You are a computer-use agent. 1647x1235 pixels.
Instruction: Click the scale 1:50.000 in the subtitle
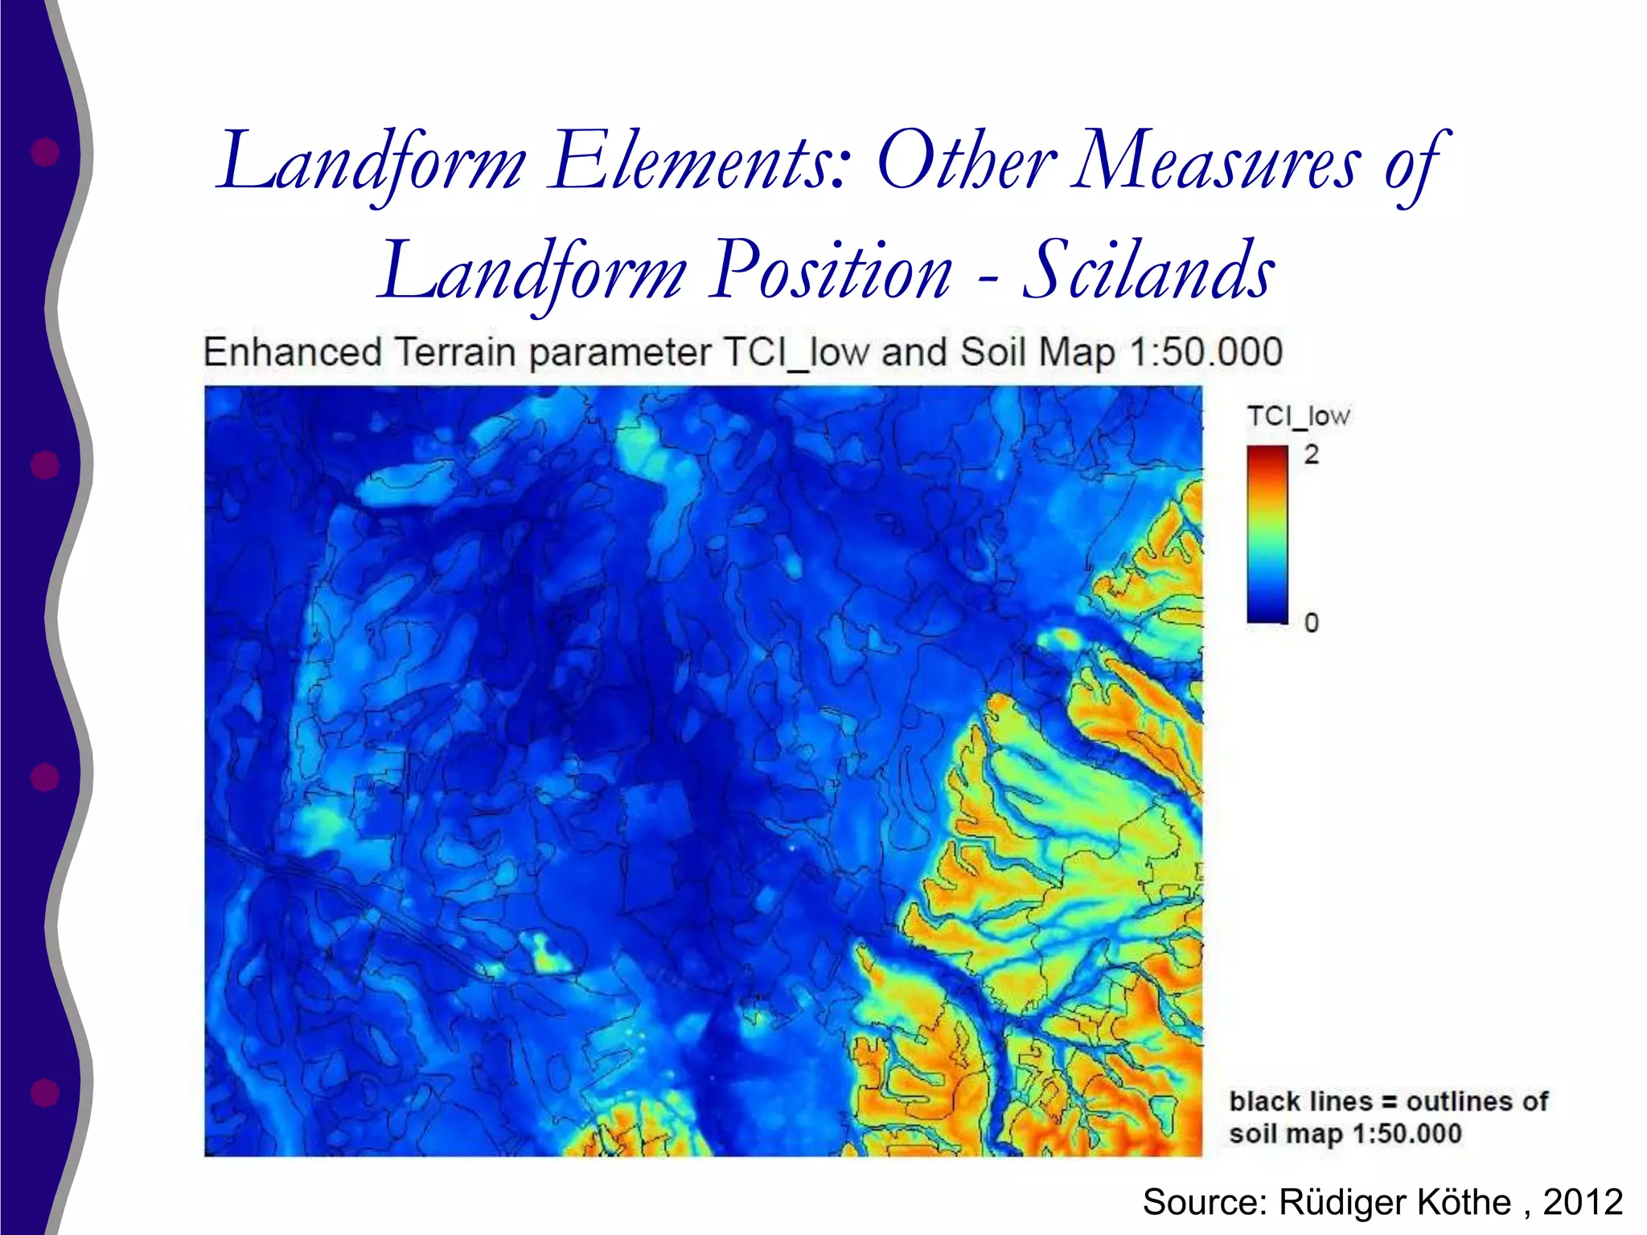point(1205,353)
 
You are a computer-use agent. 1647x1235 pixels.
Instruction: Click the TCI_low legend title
point(1297,416)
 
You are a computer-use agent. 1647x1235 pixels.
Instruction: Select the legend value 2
point(1312,455)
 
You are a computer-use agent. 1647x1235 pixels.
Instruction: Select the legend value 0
point(1312,622)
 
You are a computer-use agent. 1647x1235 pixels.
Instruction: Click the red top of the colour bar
point(1267,455)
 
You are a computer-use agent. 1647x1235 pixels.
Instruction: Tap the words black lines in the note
point(1300,1101)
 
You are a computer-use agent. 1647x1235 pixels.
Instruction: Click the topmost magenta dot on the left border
point(45,152)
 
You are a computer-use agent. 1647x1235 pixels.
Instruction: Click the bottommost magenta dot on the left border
point(45,1093)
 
